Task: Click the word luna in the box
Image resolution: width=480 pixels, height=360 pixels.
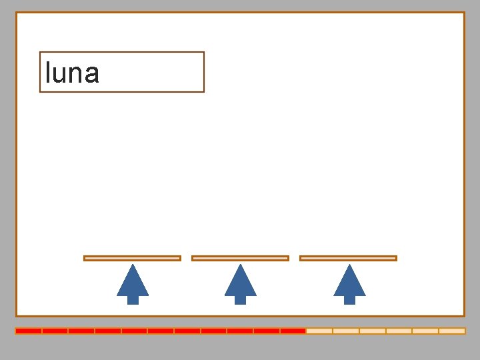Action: (72, 73)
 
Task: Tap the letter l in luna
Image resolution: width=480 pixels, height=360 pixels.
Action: (47, 72)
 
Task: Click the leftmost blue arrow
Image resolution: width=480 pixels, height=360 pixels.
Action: (133, 283)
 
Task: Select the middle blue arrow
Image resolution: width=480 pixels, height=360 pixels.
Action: (241, 283)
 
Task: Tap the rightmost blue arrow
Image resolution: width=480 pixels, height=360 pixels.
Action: (349, 283)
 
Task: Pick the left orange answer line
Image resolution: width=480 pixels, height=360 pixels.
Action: (132, 258)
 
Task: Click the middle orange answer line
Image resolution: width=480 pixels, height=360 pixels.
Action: (240, 258)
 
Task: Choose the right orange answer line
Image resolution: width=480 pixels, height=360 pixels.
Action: (348, 258)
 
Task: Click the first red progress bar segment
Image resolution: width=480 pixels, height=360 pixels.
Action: (29, 331)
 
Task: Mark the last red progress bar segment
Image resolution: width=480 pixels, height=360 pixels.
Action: (293, 331)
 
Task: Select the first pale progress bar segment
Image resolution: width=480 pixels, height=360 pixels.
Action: (319, 331)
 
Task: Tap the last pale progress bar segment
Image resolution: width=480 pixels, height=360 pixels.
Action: (452, 331)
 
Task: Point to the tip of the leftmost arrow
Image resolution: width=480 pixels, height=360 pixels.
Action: (133, 266)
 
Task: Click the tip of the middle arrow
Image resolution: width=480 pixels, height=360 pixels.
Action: (241, 266)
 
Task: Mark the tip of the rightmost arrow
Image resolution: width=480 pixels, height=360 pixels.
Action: (349, 266)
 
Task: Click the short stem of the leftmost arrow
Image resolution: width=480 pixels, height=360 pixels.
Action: (133, 300)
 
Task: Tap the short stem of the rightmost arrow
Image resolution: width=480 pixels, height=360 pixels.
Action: (349, 300)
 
